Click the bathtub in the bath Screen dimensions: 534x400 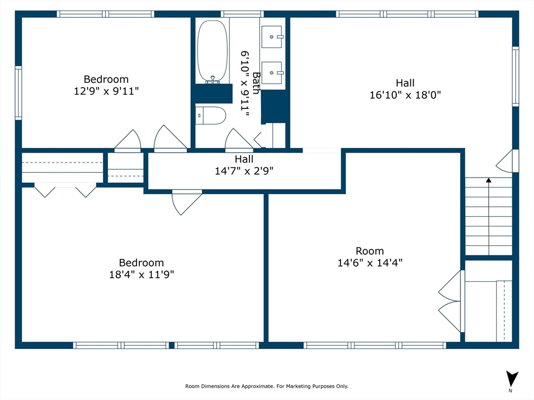(x=213, y=51)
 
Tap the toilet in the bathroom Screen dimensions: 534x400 (x=211, y=116)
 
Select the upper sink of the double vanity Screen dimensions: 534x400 (x=272, y=37)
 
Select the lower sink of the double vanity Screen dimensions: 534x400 (x=272, y=73)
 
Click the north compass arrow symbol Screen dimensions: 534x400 (x=512, y=379)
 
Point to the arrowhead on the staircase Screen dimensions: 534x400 (x=489, y=180)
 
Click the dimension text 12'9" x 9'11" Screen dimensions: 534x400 (x=106, y=91)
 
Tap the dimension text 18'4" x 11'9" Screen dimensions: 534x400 (x=141, y=274)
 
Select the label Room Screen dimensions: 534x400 (x=370, y=251)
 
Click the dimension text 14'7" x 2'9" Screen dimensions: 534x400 (x=244, y=171)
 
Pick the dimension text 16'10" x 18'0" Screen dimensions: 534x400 (x=405, y=95)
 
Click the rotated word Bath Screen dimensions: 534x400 (x=256, y=83)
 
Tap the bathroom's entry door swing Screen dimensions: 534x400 (x=239, y=140)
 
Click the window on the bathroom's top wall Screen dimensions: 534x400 (x=242, y=14)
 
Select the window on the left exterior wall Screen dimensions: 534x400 (x=18, y=93)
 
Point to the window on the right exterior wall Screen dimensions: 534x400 (x=516, y=76)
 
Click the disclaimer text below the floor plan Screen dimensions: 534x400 (x=266, y=386)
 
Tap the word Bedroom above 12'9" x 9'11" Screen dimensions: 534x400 (x=106, y=79)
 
